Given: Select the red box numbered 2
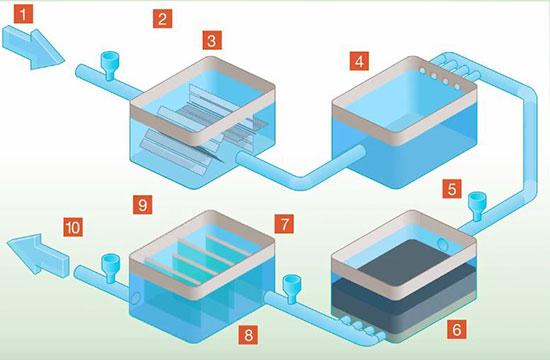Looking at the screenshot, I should click(x=163, y=18).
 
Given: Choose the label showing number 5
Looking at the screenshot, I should click(x=454, y=187).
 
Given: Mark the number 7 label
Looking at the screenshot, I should click(x=284, y=219).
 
